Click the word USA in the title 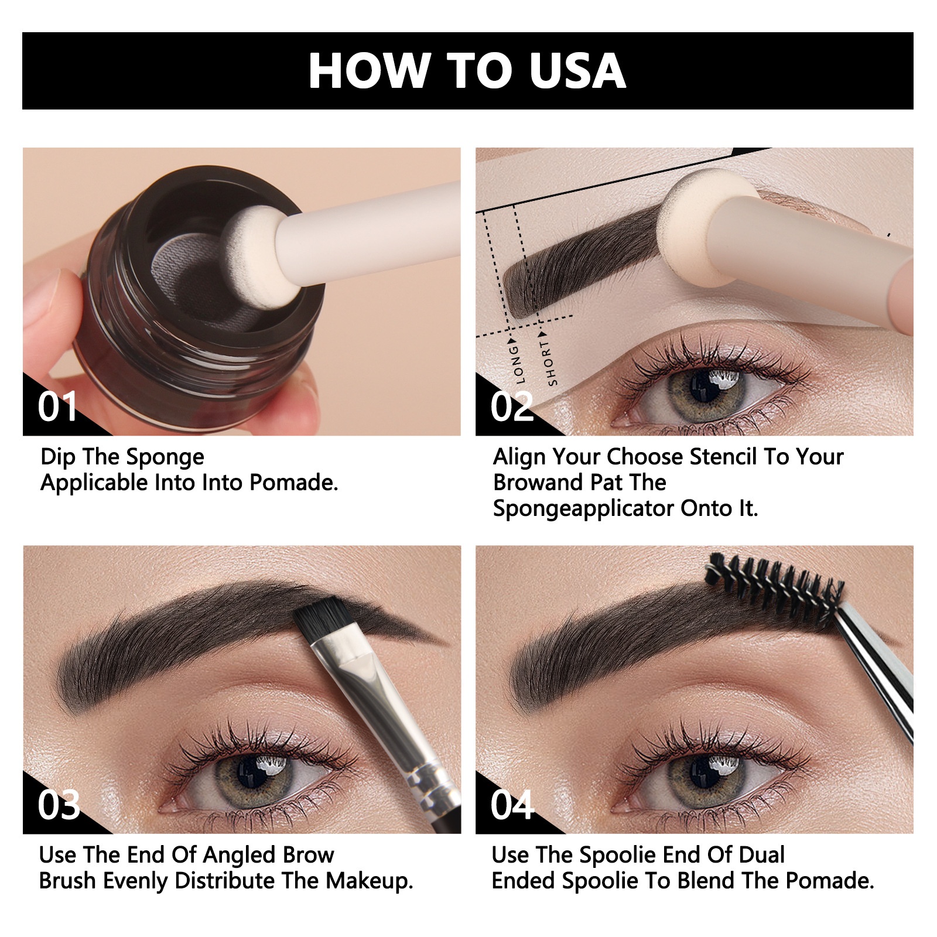click(x=577, y=71)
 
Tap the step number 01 click(x=57, y=406)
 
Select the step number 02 click(x=512, y=406)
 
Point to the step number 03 click(x=59, y=805)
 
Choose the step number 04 click(x=512, y=805)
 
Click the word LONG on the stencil click(x=517, y=364)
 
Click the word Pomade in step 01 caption click(x=293, y=483)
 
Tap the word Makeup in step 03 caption click(x=370, y=881)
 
